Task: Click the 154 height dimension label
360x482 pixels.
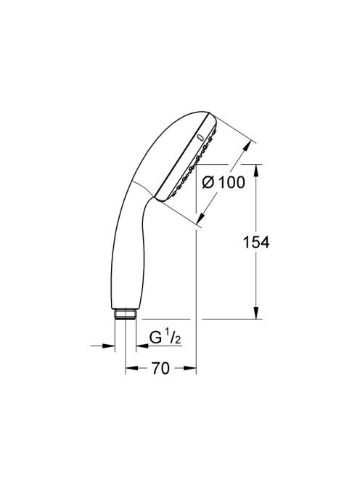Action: (255, 242)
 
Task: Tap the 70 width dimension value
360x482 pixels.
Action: (160, 368)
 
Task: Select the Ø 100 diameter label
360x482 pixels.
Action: (224, 182)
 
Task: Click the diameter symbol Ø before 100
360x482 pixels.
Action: (208, 182)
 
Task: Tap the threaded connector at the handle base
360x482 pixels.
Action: (125, 314)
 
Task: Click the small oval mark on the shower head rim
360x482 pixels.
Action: (200, 137)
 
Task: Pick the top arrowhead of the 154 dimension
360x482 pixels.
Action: (256, 170)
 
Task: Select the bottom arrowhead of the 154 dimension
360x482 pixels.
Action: (256, 314)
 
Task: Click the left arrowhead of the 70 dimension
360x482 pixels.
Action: (131, 367)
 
